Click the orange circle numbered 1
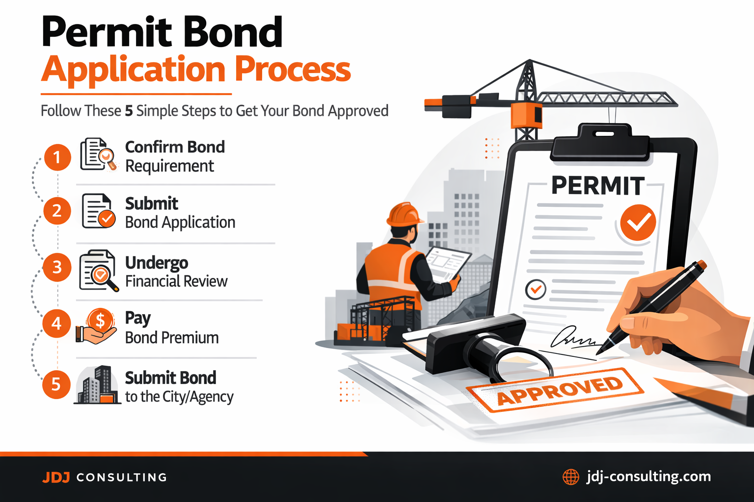coord(57,157)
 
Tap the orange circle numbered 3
coord(57,267)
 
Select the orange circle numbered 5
coord(56,384)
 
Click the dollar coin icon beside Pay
coord(100,321)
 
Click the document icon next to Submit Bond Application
coord(98,211)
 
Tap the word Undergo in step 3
coord(157,263)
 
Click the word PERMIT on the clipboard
coord(597,186)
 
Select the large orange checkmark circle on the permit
coord(638,223)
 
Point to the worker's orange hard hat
coord(404,214)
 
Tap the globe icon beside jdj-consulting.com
coord(570,477)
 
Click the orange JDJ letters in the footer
coord(56,477)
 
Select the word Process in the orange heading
coord(293,70)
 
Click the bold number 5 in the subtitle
coord(129,111)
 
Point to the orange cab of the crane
coord(527,115)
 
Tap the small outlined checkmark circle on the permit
coord(536,289)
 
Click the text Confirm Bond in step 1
coord(175,147)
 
